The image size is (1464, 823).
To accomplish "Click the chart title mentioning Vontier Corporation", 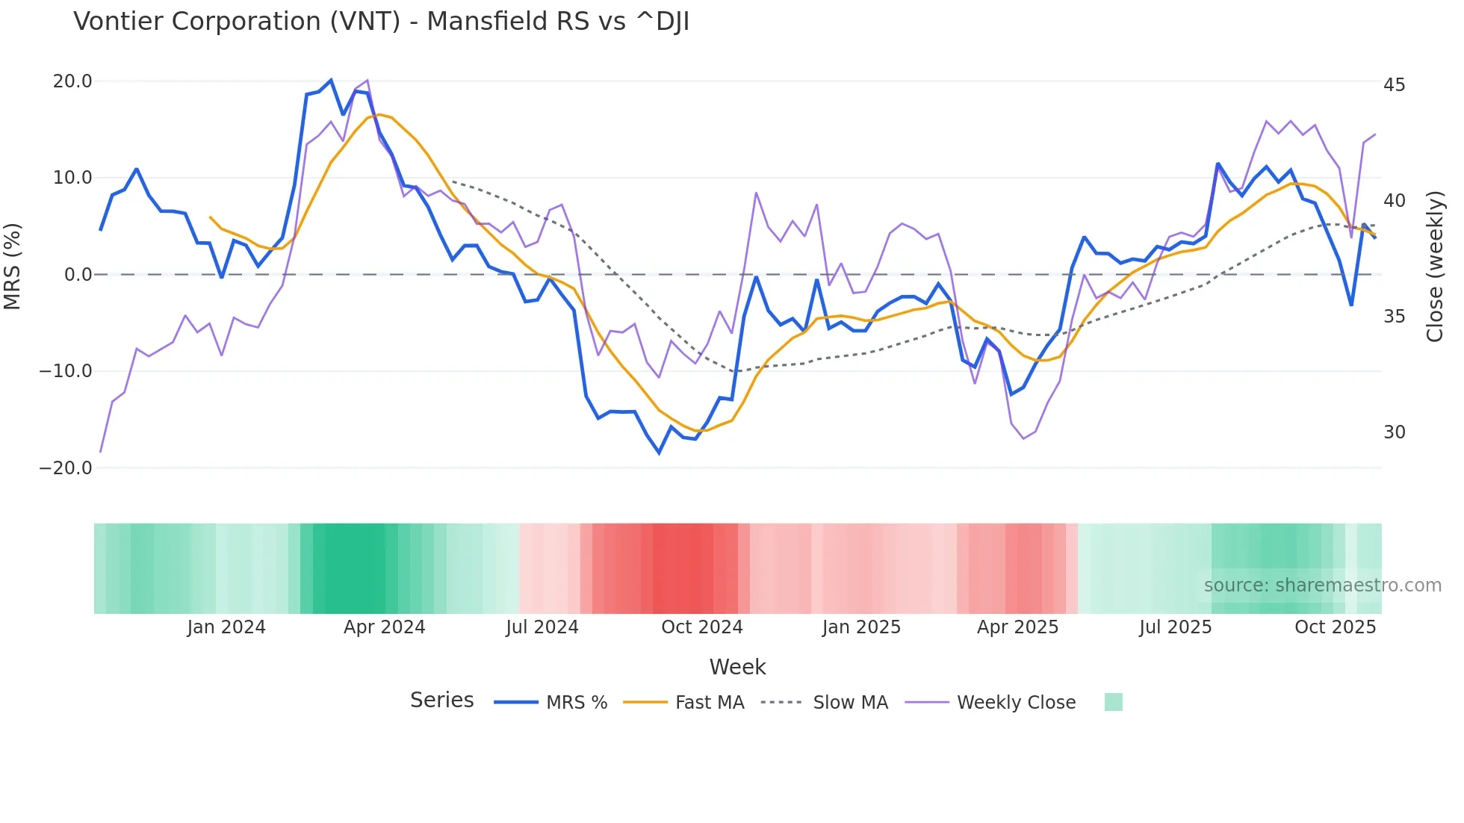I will [381, 22].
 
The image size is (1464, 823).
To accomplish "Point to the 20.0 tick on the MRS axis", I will [72, 81].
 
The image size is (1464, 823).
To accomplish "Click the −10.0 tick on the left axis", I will [66, 371].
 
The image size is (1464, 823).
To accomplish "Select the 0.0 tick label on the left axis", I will [78, 275].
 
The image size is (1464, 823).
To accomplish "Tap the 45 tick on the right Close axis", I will [1394, 85].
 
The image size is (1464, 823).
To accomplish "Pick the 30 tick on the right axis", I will [1394, 432].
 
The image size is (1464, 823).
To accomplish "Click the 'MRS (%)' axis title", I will [13, 267].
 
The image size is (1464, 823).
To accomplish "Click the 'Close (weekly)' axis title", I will [1435, 267].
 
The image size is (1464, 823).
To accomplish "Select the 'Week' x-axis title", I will [737, 667].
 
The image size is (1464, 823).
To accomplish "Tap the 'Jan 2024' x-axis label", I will [226, 627].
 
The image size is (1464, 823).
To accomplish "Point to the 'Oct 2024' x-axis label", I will [702, 627].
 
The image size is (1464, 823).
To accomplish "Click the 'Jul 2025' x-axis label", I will [1175, 627].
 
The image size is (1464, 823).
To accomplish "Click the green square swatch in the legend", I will [1113, 702].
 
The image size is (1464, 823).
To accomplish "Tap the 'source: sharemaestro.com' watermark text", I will [1322, 586].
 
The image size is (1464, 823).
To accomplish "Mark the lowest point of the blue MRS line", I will [659, 453].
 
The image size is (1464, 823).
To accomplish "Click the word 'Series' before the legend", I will [441, 701].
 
